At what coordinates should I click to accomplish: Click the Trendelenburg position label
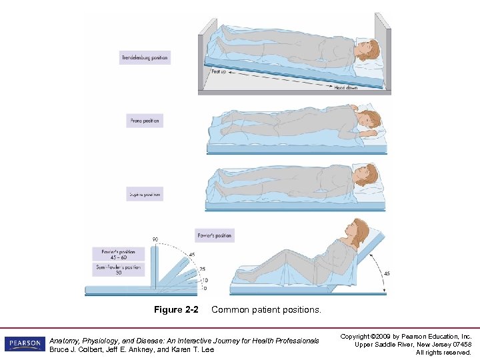tap(145, 58)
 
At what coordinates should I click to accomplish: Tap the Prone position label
tap(145, 121)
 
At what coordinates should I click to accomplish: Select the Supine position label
tap(145, 195)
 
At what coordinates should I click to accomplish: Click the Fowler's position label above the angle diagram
tap(215, 235)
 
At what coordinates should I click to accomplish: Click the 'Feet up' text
tap(220, 70)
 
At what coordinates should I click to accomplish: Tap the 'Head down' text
tap(347, 87)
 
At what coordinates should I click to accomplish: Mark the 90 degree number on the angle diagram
tap(155, 239)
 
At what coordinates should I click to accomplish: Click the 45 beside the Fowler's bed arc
tap(386, 273)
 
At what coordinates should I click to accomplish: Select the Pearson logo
tap(24, 344)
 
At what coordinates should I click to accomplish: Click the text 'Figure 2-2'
tap(176, 310)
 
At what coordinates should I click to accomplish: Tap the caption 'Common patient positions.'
tap(266, 310)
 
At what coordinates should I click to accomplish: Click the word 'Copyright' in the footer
tap(357, 336)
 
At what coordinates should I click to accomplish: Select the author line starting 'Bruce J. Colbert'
tap(132, 350)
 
